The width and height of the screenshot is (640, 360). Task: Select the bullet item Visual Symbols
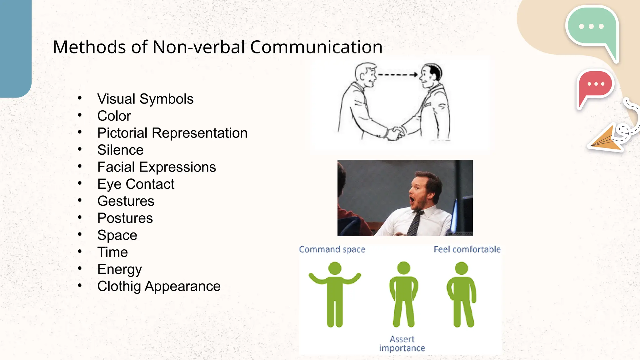(x=145, y=99)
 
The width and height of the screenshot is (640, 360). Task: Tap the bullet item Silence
(x=120, y=150)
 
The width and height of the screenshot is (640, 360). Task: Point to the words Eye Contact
(x=136, y=184)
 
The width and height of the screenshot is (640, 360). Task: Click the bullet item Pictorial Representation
(x=172, y=133)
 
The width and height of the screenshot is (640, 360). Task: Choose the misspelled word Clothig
(x=119, y=287)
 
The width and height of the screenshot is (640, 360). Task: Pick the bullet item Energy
(x=119, y=269)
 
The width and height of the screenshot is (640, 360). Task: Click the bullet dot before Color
(x=80, y=115)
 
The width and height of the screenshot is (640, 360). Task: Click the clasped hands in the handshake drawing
(x=396, y=133)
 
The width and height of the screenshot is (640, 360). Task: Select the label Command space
(x=332, y=249)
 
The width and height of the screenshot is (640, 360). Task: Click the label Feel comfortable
(x=467, y=249)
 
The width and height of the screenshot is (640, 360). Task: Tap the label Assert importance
(x=402, y=343)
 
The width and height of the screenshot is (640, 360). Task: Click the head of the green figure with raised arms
(x=335, y=268)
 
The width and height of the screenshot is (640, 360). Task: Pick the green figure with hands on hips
(x=403, y=294)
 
